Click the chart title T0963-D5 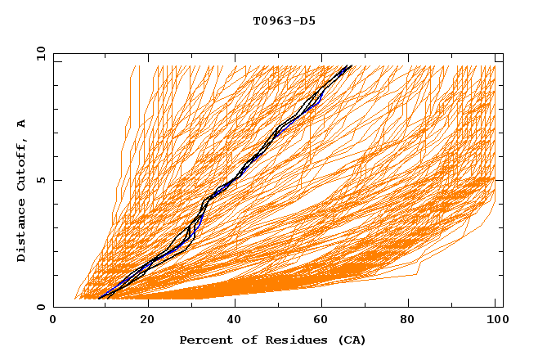[284, 21]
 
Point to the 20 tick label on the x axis [147, 320]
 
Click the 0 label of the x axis [54, 320]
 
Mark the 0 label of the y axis [40, 307]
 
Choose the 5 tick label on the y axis [40, 180]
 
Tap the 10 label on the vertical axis [38, 53]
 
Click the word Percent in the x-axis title [202, 340]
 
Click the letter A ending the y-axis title [22, 124]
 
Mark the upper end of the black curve [351, 65]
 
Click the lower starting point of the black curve [99, 299]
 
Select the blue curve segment [318, 97]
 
